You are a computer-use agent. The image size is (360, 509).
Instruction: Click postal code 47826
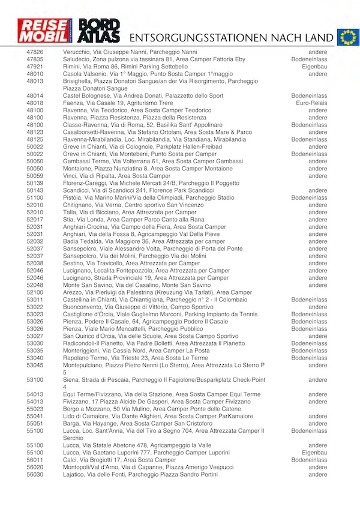(35, 53)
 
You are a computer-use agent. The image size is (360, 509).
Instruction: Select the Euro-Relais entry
(311, 103)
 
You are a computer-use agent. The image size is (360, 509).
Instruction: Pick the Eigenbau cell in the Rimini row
(314, 67)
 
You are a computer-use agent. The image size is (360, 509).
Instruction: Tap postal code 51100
(35, 197)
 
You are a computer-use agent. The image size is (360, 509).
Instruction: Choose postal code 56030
(35, 474)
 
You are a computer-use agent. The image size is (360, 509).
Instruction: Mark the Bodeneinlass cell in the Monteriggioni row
(309, 350)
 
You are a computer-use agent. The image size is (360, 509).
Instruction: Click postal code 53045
(35, 365)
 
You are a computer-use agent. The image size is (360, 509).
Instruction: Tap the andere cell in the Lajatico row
(317, 474)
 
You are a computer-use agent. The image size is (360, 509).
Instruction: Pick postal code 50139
(35, 183)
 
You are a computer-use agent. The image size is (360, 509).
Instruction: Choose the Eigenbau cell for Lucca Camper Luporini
(314, 453)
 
